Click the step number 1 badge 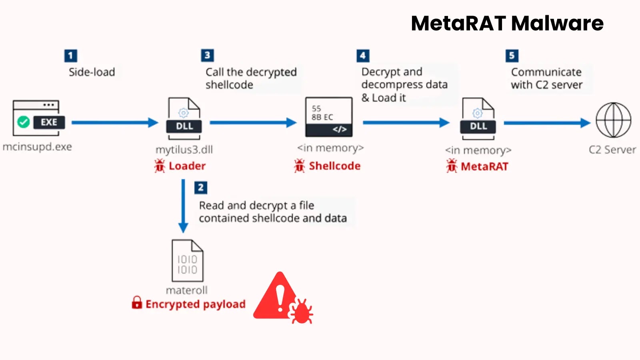click(70, 56)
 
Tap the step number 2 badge click(201, 188)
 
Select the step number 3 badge click(207, 55)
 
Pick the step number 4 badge click(363, 56)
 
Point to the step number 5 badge click(512, 56)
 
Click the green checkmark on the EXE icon click(24, 122)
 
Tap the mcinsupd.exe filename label click(37, 147)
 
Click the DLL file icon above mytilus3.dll click(184, 118)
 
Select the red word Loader click(187, 166)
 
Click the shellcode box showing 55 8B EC click(329, 117)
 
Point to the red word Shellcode click(334, 166)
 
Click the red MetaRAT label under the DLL click(484, 166)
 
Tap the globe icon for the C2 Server click(613, 120)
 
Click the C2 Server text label click(612, 150)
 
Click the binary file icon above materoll click(187, 260)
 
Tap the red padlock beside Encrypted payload click(137, 303)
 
